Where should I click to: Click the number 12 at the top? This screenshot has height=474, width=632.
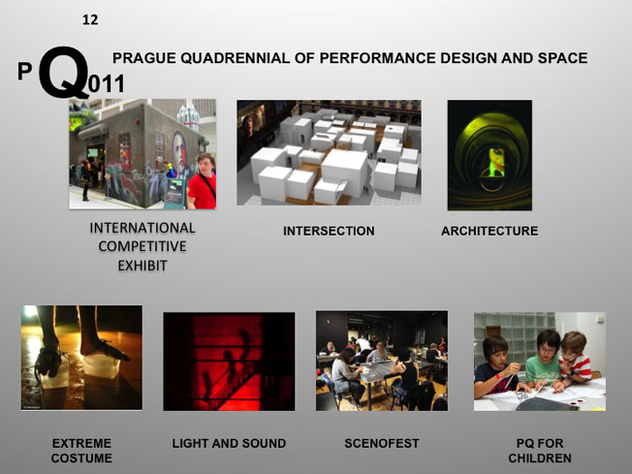click(89, 20)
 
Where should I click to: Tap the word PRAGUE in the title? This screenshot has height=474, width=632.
click(144, 59)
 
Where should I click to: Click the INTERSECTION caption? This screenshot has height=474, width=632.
click(329, 231)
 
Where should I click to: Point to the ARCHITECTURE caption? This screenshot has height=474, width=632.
click(489, 231)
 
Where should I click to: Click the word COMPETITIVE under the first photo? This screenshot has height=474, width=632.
click(143, 246)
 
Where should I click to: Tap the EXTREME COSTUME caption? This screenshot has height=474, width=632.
click(81, 451)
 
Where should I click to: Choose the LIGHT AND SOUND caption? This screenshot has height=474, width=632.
click(228, 443)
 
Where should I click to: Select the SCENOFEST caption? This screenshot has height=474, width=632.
click(382, 443)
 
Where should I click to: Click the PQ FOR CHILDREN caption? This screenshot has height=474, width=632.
click(540, 451)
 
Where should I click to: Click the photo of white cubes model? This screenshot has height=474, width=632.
click(329, 153)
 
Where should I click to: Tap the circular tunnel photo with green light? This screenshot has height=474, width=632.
click(489, 155)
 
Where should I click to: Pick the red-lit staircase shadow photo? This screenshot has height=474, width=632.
click(228, 361)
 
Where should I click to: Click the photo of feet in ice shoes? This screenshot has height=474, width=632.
click(81, 358)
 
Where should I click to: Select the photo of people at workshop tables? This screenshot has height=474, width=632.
click(381, 360)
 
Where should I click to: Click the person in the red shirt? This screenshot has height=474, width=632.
click(202, 183)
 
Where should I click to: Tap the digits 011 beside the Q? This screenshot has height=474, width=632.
click(107, 86)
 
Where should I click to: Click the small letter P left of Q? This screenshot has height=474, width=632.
click(24, 72)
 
